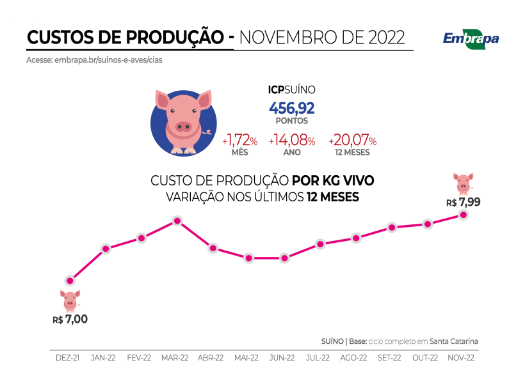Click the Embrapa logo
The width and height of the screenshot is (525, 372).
[x=471, y=38]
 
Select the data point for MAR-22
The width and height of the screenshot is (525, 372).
[x=177, y=221]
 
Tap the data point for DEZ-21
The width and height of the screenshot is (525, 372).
[x=70, y=280]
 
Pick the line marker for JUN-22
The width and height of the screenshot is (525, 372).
[x=284, y=258]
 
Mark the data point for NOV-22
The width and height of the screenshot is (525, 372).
[x=463, y=215]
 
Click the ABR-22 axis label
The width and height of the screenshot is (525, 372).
[x=211, y=358]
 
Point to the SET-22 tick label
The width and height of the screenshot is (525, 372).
[x=389, y=358]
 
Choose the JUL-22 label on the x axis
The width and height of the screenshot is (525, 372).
[x=318, y=358]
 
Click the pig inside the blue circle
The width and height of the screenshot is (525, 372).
[x=184, y=121]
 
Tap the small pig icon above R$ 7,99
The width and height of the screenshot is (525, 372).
[x=463, y=183]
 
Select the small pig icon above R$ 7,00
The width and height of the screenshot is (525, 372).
[x=70, y=300]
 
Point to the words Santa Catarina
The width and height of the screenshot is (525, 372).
[x=454, y=341]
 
